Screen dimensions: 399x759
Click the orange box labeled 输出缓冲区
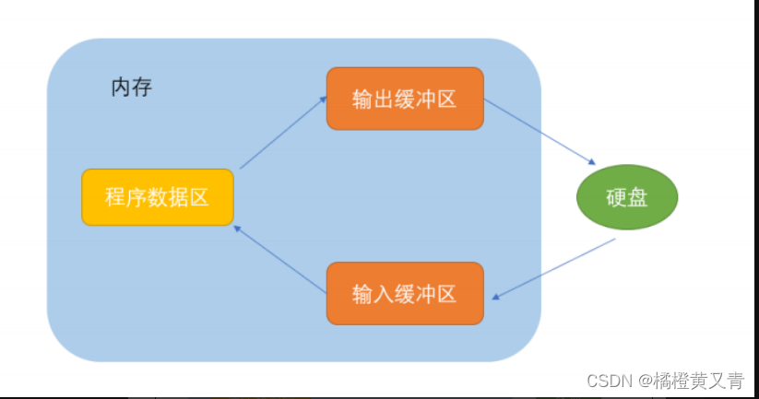click(404, 99)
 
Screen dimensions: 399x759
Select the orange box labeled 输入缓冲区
click(404, 294)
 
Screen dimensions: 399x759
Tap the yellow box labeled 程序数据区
click(157, 197)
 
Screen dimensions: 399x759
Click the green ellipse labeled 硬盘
click(627, 197)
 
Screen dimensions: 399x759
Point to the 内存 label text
click(131, 88)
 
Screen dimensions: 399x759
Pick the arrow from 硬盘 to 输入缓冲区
click(554, 268)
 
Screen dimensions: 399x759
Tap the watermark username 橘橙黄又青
click(699, 381)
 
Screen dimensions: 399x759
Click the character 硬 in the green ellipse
click(616, 197)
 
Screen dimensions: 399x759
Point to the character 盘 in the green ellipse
click(638, 197)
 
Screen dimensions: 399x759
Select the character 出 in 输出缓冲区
click(384, 99)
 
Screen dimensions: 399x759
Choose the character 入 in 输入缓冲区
click(384, 294)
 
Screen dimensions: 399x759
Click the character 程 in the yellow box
click(115, 197)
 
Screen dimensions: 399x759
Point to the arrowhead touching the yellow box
click(238, 229)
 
